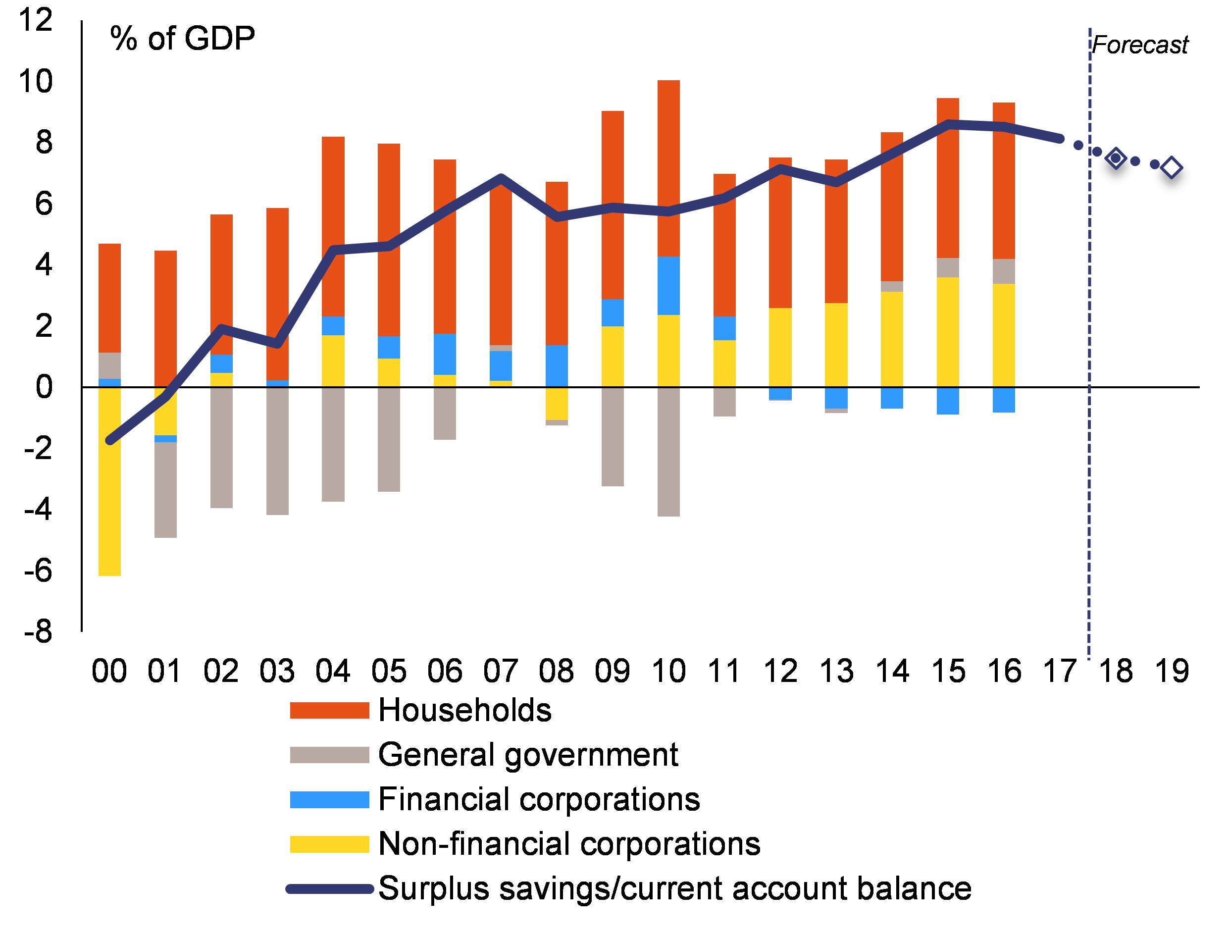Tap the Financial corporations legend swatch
329,799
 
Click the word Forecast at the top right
1140,45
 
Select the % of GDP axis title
183,39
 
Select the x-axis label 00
109,671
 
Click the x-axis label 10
668,671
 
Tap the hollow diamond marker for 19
1172,167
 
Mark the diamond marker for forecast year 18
1116,158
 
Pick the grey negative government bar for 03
277,451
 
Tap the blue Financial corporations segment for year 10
668,286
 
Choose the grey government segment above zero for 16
1004,271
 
